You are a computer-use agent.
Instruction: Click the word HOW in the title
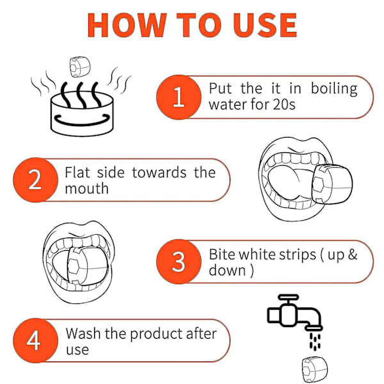pos(127,25)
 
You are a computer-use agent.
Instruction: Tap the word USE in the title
pos(265,25)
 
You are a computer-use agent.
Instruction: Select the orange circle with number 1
pos(179,97)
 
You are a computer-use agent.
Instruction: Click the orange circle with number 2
pos(35,180)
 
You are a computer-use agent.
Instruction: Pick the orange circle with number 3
pos(179,262)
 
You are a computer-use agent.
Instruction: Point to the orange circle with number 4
pos(35,340)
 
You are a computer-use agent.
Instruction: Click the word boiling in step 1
pos(334,90)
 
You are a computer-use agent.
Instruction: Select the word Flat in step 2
pos(77,172)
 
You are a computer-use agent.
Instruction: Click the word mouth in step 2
pos(86,189)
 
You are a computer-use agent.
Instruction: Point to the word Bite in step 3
pos(222,254)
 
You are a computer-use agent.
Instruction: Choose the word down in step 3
pos(227,271)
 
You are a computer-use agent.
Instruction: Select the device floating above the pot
pos(80,67)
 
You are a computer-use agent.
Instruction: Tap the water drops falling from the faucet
pos(315,341)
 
